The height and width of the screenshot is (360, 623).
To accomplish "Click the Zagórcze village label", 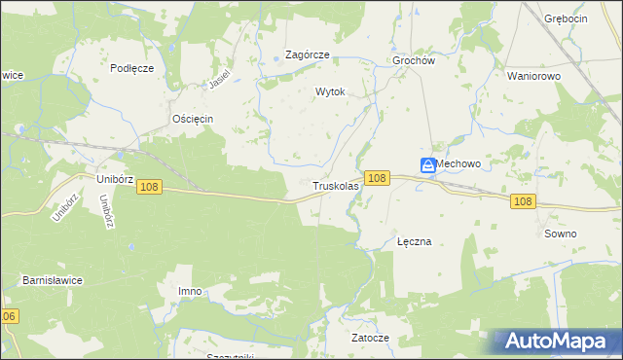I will point(307,55).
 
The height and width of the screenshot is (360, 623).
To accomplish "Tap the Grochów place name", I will point(413,59).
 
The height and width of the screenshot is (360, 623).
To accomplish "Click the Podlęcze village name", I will point(132,67).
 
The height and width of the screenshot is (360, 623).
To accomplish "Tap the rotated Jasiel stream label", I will point(224,80).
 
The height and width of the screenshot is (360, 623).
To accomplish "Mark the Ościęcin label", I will point(192,119).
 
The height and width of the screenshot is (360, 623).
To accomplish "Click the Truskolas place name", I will point(336,185).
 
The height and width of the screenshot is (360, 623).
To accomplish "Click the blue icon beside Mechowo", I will point(428,166).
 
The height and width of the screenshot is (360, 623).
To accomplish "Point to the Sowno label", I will point(561,234).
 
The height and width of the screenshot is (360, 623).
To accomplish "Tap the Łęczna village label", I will point(414,241).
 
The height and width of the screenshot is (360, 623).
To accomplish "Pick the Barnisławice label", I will point(53,280).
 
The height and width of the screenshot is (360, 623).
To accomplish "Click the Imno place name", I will point(190,291).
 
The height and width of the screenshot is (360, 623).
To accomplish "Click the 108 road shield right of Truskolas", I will point(379,178).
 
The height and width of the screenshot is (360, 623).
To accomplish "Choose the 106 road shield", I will point(9,317).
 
